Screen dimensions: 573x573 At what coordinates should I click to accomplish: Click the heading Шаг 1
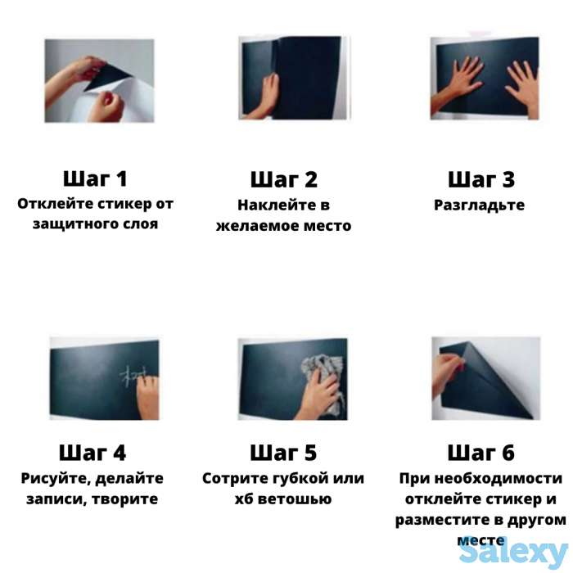pos(95,179)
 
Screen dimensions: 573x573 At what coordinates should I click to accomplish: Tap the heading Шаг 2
pos(283,179)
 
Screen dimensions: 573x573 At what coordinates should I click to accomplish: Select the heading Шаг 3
pos(481,179)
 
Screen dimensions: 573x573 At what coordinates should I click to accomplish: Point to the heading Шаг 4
pos(92,453)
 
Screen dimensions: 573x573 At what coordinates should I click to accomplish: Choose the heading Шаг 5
pos(283,453)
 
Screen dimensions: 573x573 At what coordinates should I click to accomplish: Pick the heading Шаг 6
pos(481,453)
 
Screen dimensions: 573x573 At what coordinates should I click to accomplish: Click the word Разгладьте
pos(479,205)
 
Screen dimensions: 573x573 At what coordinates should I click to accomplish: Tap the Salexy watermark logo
pos(512,553)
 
